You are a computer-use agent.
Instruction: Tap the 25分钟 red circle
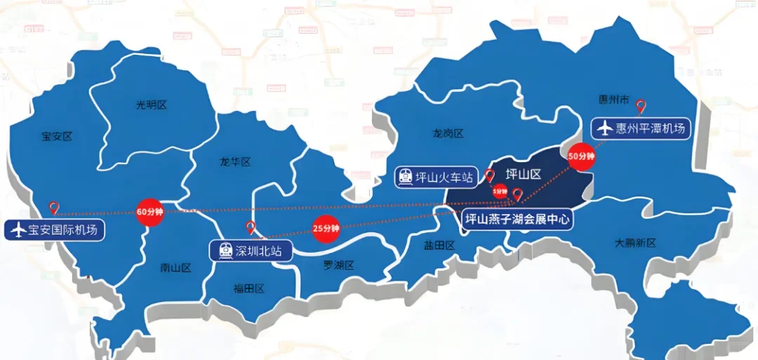326,228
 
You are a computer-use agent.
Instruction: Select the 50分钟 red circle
582,156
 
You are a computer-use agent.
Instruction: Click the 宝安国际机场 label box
55,229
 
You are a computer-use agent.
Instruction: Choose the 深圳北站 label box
251,251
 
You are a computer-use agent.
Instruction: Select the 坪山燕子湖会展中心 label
519,219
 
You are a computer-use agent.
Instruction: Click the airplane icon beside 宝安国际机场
18,229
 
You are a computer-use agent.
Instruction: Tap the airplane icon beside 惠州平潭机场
604,129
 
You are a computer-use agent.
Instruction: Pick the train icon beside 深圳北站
225,251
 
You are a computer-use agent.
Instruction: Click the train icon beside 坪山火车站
406,176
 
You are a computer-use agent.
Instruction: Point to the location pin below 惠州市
640,107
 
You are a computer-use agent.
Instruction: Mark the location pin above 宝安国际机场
54,208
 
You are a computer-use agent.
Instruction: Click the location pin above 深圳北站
251,227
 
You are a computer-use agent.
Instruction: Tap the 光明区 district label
152,105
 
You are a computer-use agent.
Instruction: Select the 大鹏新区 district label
634,243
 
